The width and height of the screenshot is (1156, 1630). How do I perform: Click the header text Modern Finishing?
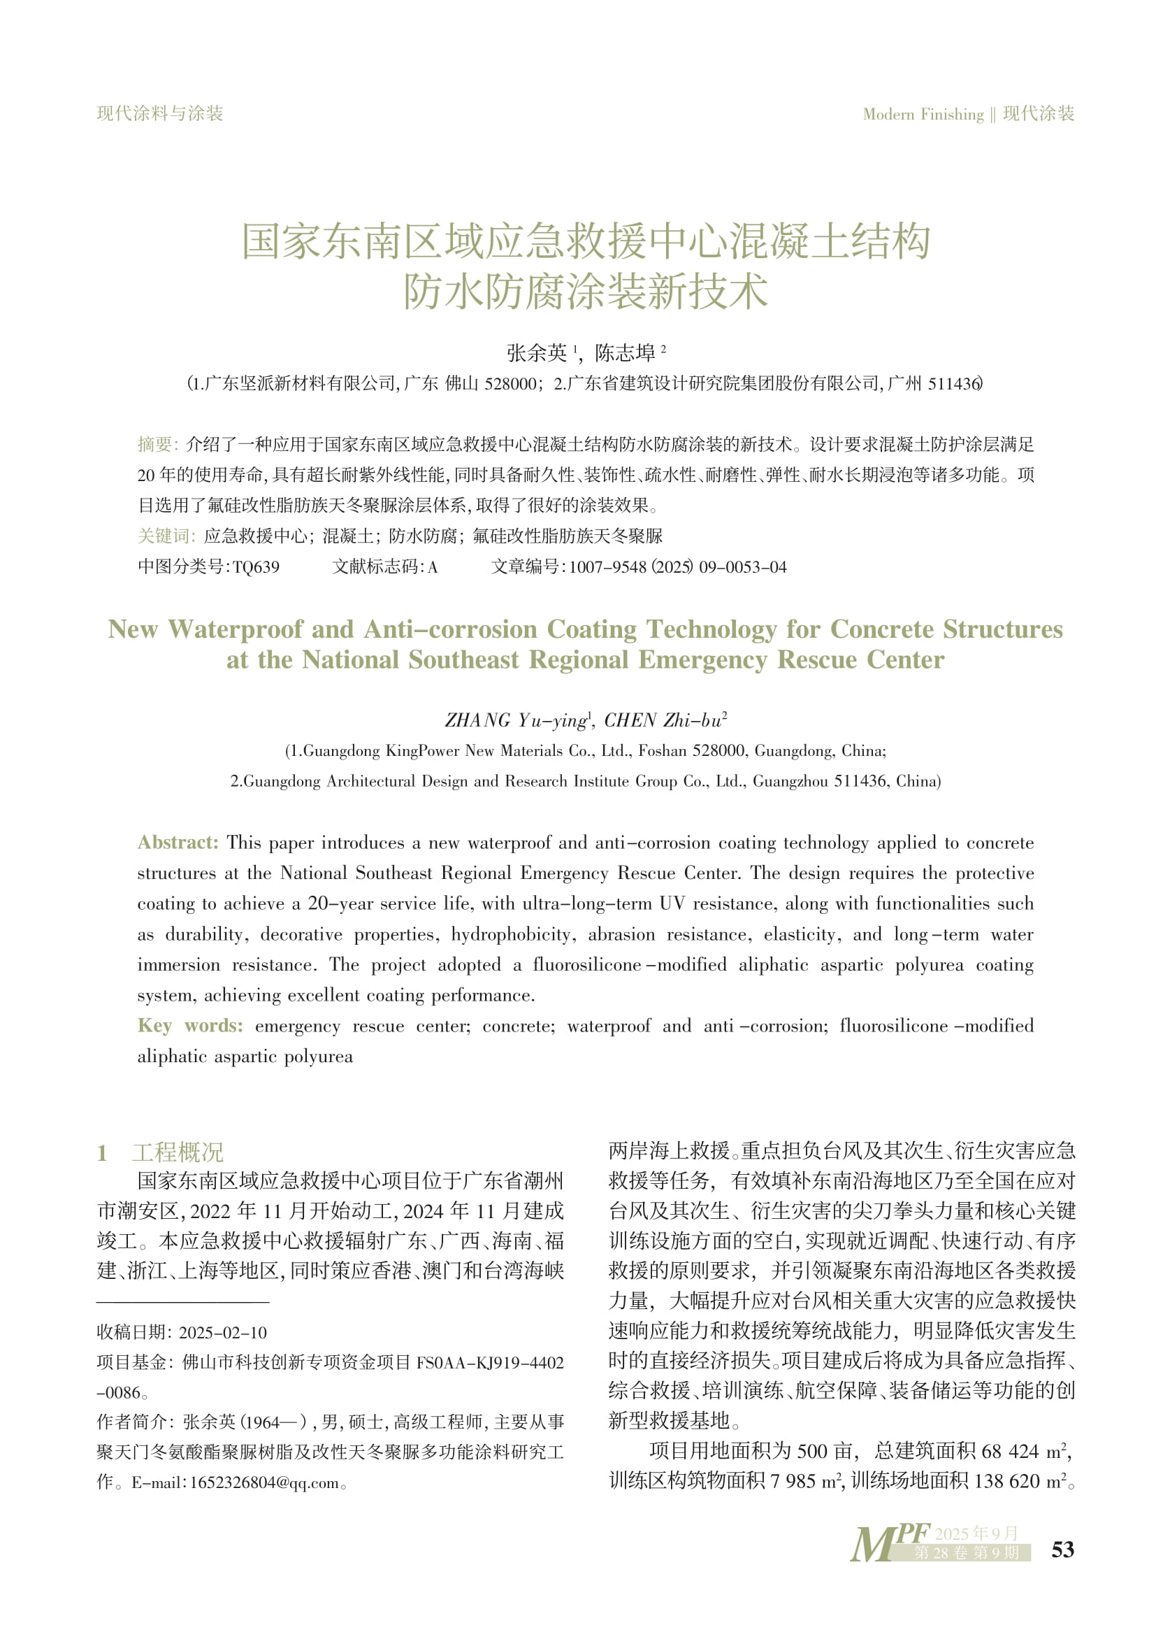[923, 114]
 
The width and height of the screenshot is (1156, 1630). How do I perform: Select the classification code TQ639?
[257, 567]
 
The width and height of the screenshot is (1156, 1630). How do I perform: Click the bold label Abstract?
[178, 843]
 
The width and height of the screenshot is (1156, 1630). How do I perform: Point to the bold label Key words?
[190, 1025]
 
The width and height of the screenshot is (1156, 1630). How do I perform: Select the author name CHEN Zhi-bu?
[664, 721]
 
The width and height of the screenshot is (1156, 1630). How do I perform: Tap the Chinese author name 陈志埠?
[625, 352]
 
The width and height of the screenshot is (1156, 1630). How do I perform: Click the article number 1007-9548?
[608, 567]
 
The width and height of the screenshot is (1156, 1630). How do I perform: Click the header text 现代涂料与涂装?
[160, 113]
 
